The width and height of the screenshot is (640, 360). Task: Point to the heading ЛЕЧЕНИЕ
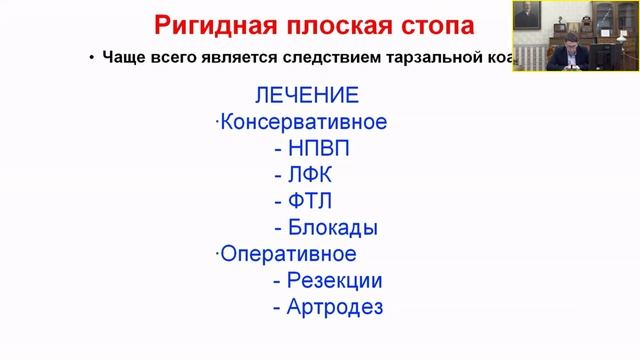click(307, 96)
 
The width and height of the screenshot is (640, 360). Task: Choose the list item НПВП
click(318, 149)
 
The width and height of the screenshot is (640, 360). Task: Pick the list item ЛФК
click(314, 175)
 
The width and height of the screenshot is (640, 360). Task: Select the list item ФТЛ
click(313, 201)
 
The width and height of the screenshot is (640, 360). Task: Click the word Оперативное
click(288, 253)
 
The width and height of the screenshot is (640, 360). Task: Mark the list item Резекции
click(334, 280)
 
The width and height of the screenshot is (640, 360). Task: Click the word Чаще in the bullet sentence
click(125, 57)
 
